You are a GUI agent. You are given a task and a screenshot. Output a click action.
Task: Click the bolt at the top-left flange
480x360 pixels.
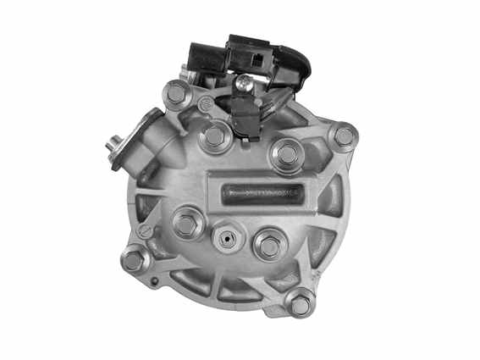175,94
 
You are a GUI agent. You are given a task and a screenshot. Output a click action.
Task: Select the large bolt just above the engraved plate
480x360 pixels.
287,153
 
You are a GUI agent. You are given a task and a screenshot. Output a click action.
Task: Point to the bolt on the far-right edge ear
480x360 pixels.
345,136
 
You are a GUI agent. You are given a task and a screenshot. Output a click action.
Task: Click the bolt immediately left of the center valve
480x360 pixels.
186,225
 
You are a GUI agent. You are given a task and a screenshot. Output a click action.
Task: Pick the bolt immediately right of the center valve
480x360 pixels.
269,246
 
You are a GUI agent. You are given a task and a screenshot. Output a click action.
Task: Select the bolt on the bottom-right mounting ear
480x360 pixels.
301,303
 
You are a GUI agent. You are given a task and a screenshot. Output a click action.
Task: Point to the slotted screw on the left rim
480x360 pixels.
145,230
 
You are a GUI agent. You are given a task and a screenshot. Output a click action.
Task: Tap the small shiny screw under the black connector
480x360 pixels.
245,82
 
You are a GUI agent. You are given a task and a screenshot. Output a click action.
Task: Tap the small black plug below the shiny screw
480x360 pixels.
243,109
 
